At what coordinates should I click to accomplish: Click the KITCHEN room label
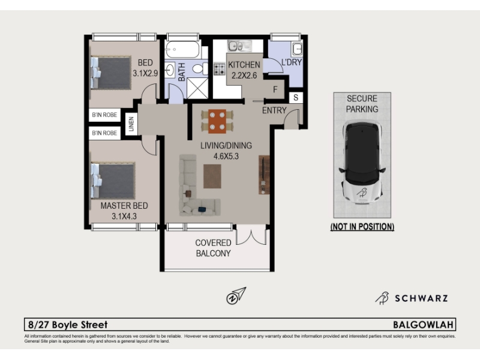[x=244, y=65]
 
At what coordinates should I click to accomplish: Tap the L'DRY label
[x=292, y=62]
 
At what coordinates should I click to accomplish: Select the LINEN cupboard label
[x=131, y=124]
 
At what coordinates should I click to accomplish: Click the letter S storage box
[x=296, y=98]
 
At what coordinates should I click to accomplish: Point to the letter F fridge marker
[x=275, y=89]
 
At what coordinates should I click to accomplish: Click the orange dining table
[x=217, y=121]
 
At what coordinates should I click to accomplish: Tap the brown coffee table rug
[x=212, y=176]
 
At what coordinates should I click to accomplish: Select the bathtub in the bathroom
[x=183, y=50]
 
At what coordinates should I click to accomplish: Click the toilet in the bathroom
[x=200, y=68]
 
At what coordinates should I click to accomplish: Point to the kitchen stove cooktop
[x=219, y=69]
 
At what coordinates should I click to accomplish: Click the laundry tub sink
[x=296, y=49]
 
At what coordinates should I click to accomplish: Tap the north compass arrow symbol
[x=236, y=295]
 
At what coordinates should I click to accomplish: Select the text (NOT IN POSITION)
[x=362, y=227]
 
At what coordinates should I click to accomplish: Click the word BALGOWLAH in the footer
[x=423, y=325]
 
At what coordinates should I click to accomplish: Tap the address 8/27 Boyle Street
[x=68, y=325]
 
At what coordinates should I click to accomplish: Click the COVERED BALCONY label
[x=214, y=248]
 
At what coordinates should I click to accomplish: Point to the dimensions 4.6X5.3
[x=226, y=156]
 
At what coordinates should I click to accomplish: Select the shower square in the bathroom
[x=197, y=88]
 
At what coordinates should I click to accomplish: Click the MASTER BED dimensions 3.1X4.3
[x=124, y=216]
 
